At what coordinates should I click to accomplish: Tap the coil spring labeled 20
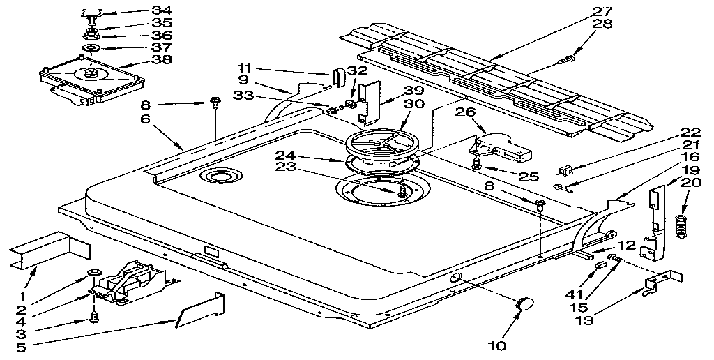(683, 227)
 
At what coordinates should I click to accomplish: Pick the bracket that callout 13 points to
(660, 280)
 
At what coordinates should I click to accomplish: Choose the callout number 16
(691, 157)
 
